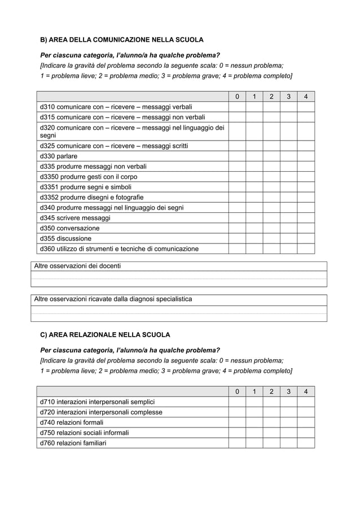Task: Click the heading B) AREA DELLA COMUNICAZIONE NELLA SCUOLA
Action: point(121,40)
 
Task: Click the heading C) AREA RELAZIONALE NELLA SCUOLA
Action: point(104,334)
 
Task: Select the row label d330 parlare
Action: point(59,156)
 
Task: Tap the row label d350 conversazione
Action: point(69,228)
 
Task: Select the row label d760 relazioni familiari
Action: point(73,443)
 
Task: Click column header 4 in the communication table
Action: point(306,97)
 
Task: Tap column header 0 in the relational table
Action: point(237,391)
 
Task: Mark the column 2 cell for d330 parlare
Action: point(271,156)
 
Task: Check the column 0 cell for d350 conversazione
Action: point(237,228)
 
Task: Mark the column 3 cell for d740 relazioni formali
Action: point(288,422)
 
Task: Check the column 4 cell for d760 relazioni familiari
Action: point(306,443)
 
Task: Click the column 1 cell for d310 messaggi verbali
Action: point(254,107)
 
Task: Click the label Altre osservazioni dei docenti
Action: point(78,266)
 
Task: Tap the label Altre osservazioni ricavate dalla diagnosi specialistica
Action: point(113,299)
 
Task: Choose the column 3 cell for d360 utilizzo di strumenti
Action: point(288,249)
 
